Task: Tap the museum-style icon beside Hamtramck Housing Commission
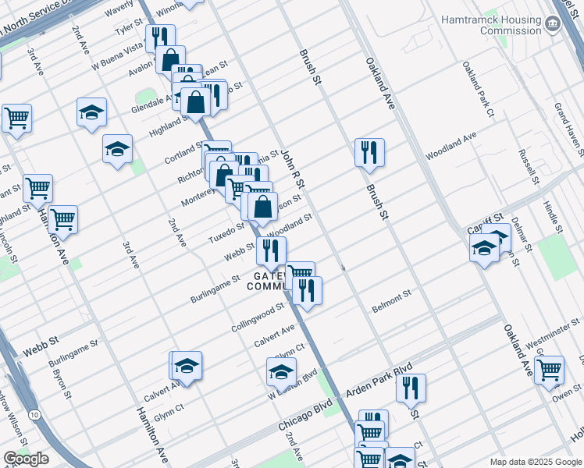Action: click(553, 23)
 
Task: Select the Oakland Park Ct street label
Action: click(478, 90)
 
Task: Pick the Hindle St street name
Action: click(551, 211)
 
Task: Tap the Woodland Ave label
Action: click(450, 147)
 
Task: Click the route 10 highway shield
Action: click(33, 414)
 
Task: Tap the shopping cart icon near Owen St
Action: click(550, 368)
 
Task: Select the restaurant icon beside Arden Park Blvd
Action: click(411, 387)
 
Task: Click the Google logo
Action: click(26, 459)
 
